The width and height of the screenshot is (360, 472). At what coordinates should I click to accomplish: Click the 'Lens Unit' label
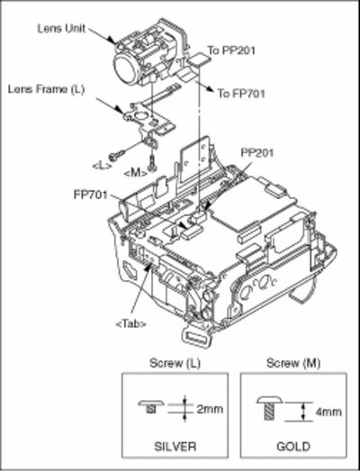click(62, 29)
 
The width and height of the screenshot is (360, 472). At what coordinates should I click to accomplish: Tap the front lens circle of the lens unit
click(126, 70)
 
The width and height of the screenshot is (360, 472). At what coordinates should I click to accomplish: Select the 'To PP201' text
click(231, 50)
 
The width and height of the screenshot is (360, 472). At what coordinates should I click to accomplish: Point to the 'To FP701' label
click(241, 94)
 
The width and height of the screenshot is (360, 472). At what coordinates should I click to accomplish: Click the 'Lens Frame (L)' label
click(46, 89)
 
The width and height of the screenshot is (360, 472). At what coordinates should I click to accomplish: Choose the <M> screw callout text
click(136, 173)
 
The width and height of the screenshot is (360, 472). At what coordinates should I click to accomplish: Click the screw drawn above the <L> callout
click(117, 156)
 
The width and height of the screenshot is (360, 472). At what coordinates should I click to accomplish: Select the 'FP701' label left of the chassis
click(90, 195)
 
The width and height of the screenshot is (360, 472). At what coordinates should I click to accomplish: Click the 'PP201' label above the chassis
click(257, 153)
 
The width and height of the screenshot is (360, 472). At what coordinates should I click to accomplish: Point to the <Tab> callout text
click(131, 324)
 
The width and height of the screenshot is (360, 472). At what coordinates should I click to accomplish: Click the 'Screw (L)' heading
click(175, 363)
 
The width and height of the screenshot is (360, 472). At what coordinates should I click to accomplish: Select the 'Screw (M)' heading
click(293, 363)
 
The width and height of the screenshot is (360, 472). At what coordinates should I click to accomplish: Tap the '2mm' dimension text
click(210, 409)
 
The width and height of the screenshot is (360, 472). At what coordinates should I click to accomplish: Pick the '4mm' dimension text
click(328, 412)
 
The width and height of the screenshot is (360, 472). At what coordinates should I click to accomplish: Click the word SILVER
click(175, 447)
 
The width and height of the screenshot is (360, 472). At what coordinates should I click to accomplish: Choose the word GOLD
click(293, 447)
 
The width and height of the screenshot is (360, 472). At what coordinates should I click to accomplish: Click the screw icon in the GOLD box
click(269, 407)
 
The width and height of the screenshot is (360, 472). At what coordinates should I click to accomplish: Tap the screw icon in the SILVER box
click(151, 406)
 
